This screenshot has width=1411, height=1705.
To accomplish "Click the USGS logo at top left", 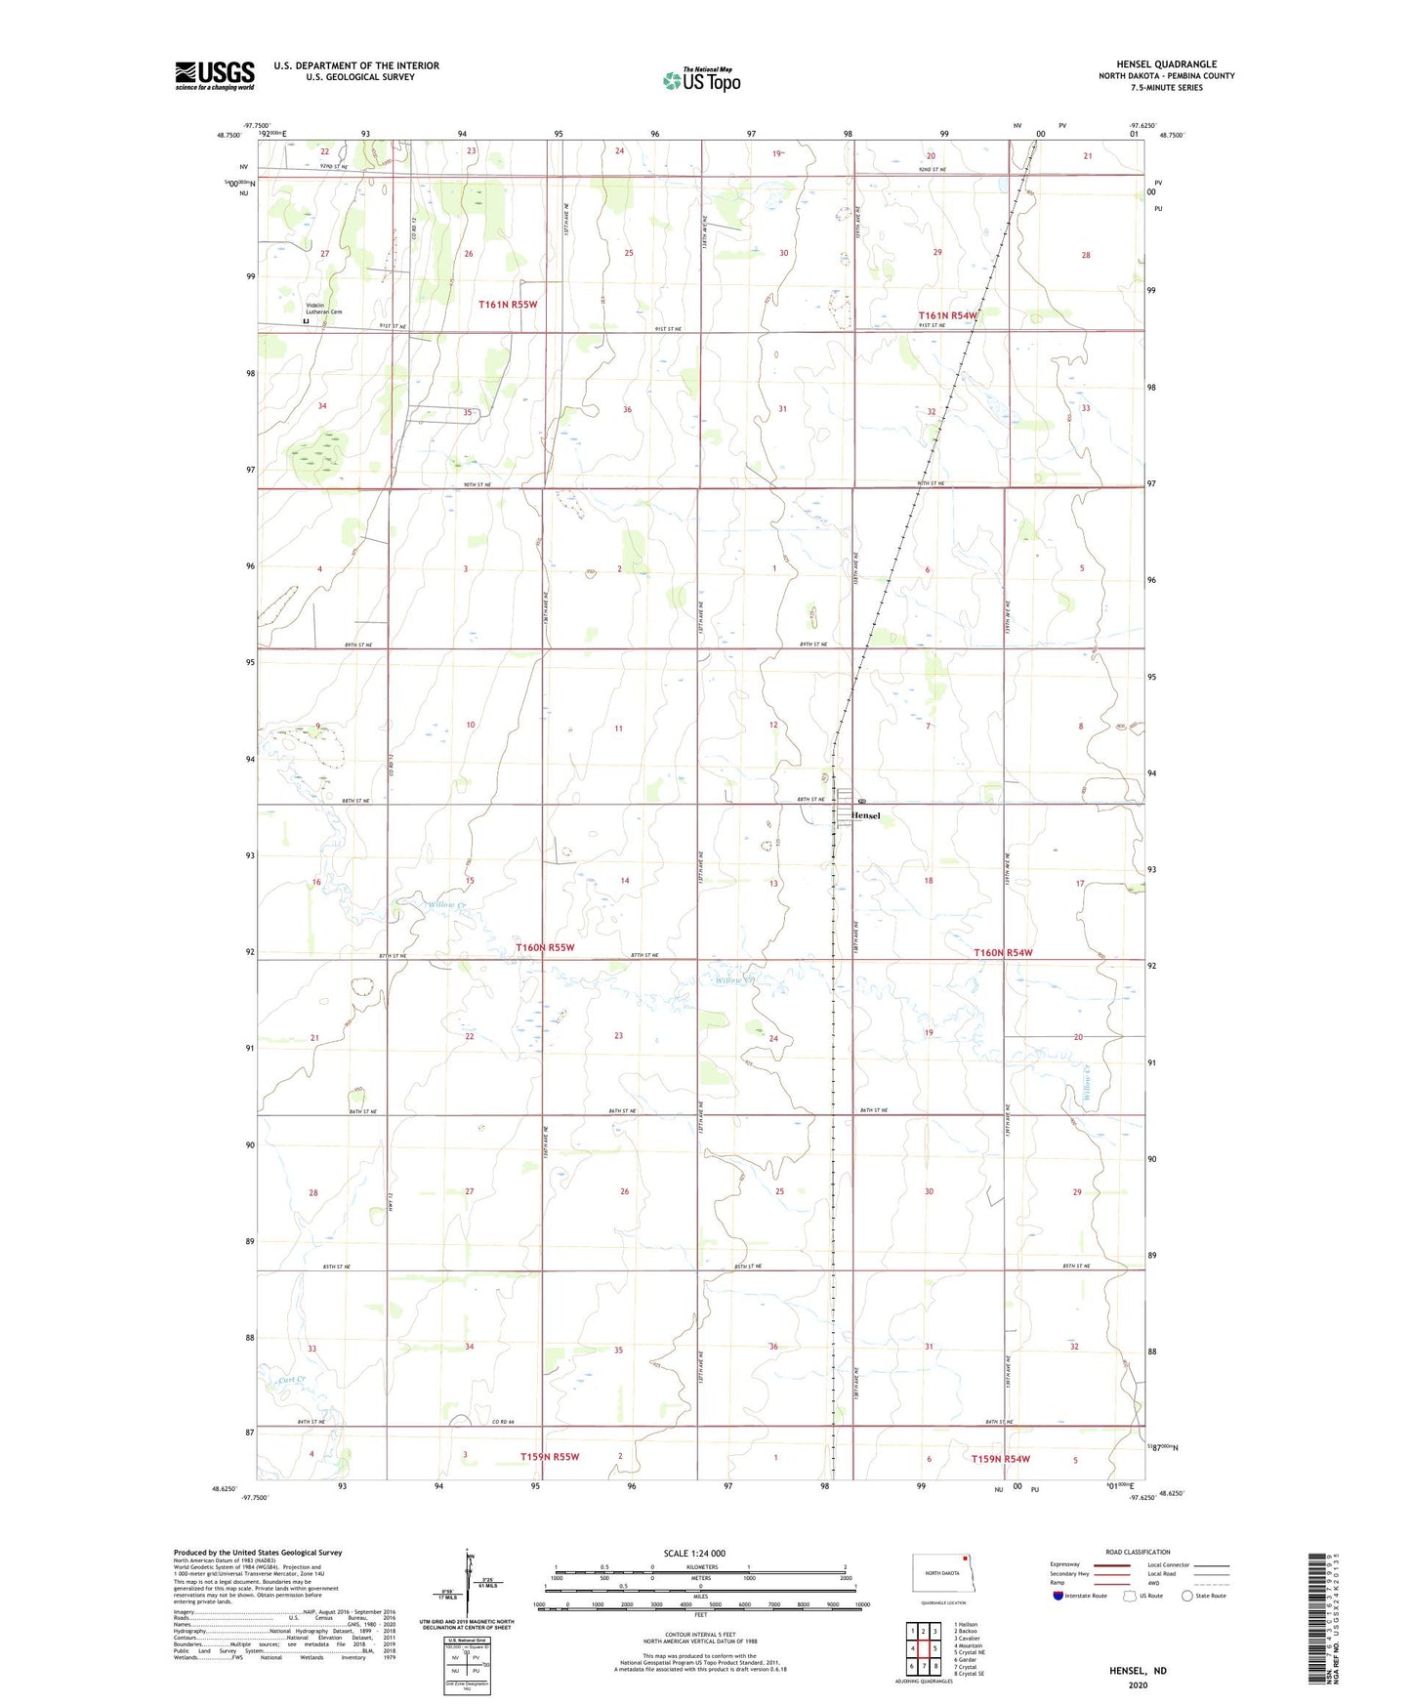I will pos(214,75).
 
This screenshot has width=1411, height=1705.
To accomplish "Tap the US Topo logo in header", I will pos(701,80).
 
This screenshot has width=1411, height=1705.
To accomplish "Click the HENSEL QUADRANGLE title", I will pos(1166,64).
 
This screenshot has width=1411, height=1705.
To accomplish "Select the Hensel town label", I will pos(866,815).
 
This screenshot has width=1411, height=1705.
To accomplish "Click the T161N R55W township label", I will pos(508,305).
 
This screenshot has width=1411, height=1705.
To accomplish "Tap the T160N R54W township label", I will pos(1002,952).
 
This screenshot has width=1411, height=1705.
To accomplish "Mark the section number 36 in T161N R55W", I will pos(627,410).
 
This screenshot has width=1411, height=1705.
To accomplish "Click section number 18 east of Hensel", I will pos(929,881).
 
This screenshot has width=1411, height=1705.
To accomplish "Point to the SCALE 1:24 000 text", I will pos(694,1553).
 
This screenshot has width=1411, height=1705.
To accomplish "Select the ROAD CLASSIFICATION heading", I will pos(1138,1552).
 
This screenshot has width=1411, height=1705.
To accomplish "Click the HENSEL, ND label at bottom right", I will pos(1138,1671).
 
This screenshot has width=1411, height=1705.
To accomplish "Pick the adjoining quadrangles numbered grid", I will pos(923,1648).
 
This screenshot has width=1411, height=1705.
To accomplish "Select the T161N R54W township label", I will pos(947,315).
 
